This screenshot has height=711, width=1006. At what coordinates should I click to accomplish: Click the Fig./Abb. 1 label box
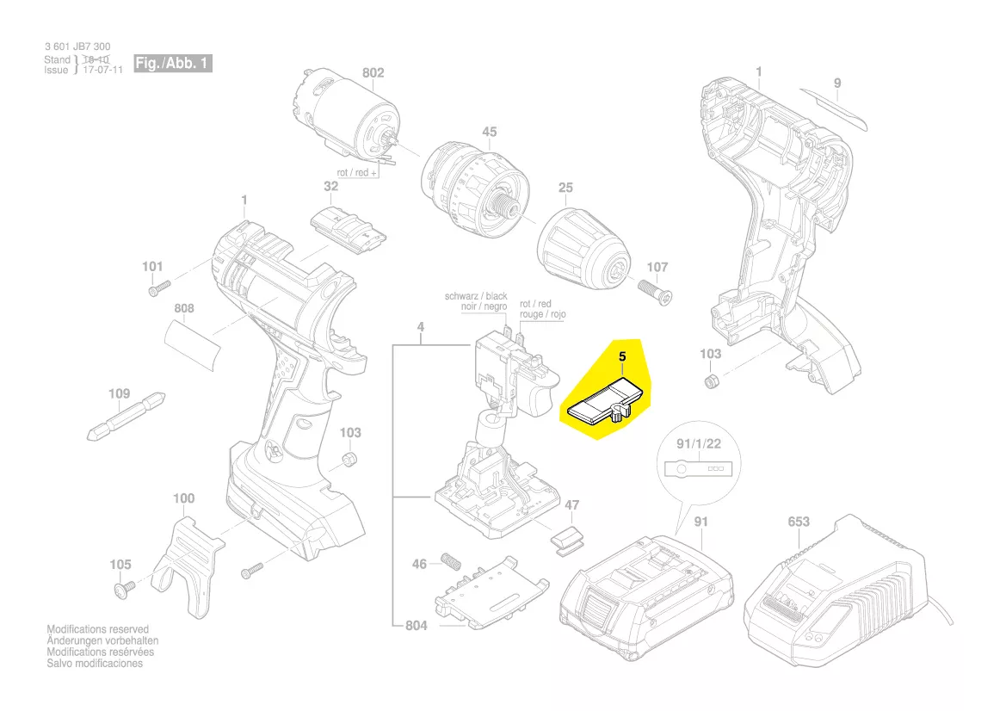coord(172,64)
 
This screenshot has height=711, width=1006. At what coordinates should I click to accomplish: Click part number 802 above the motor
coord(373,73)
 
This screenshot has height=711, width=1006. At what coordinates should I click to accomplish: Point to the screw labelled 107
coord(657,291)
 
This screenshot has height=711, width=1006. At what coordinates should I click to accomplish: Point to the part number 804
coord(417,626)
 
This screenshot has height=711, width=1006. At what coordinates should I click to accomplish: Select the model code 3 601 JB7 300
coord(77,46)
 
